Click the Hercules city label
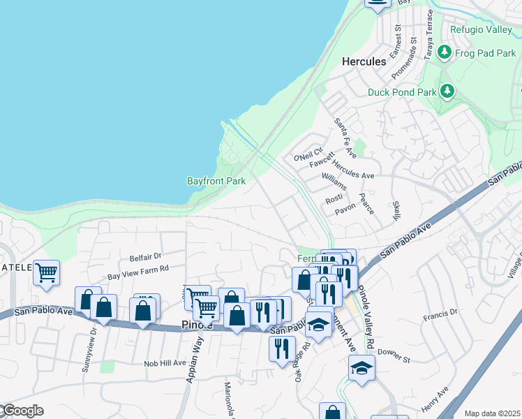(x=364, y=61)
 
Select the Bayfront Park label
(x=216, y=181)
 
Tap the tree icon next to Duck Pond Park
(x=447, y=91)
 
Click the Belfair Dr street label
(x=145, y=257)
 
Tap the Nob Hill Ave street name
(x=165, y=363)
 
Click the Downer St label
(x=395, y=358)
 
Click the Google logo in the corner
(x=22, y=411)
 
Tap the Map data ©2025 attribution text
(x=493, y=413)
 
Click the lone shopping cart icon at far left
(x=46, y=273)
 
